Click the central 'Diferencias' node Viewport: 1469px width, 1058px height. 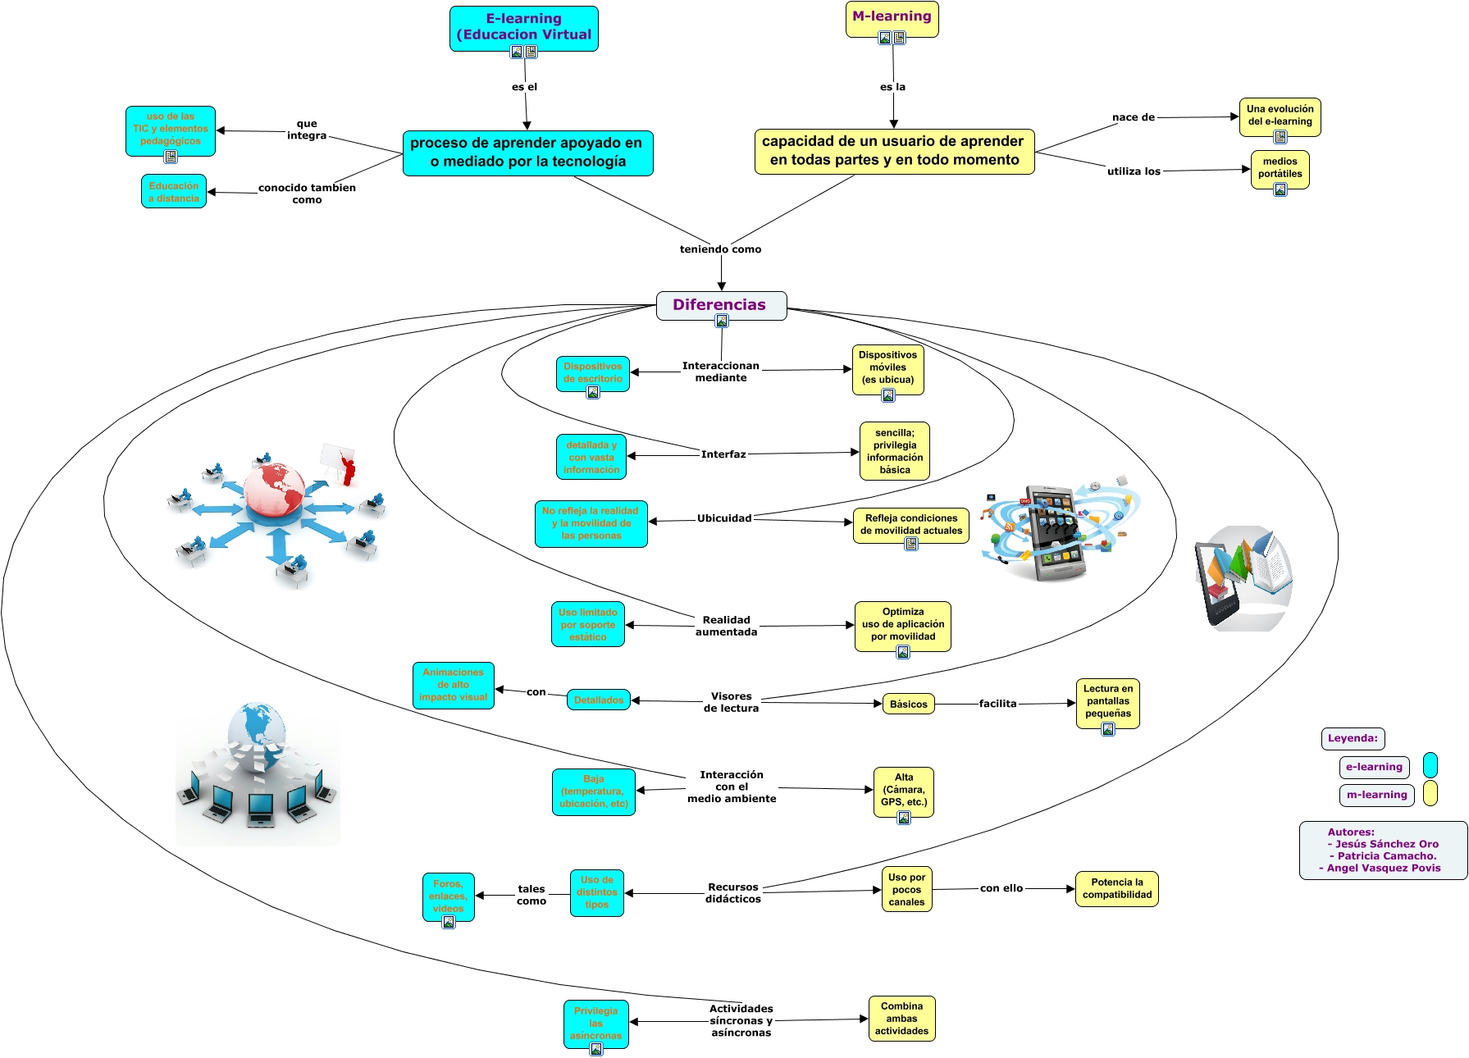click(720, 305)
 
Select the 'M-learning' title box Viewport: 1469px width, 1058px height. click(892, 17)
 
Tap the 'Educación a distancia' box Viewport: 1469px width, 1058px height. click(174, 192)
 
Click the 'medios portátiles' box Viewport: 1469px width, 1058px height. click(1280, 168)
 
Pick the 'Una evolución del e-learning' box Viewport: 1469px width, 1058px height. click(1280, 116)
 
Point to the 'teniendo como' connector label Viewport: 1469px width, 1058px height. click(720, 249)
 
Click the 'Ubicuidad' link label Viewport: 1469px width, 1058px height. click(724, 518)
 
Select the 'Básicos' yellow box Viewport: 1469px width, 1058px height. click(909, 705)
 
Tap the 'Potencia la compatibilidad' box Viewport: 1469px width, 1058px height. click(1116, 888)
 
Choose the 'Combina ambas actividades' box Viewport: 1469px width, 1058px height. click(901, 1019)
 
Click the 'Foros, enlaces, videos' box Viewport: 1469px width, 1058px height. click(449, 896)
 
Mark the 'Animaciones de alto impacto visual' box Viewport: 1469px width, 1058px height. click(454, 685)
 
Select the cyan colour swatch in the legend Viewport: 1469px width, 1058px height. click(1430, 765)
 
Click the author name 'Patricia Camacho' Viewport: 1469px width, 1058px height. click(1386, 856)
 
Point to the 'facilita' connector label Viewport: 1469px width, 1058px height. click(997, 704)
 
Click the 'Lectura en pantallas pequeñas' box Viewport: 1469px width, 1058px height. click(1107, 702)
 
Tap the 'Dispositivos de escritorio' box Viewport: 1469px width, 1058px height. click(592, 373)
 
